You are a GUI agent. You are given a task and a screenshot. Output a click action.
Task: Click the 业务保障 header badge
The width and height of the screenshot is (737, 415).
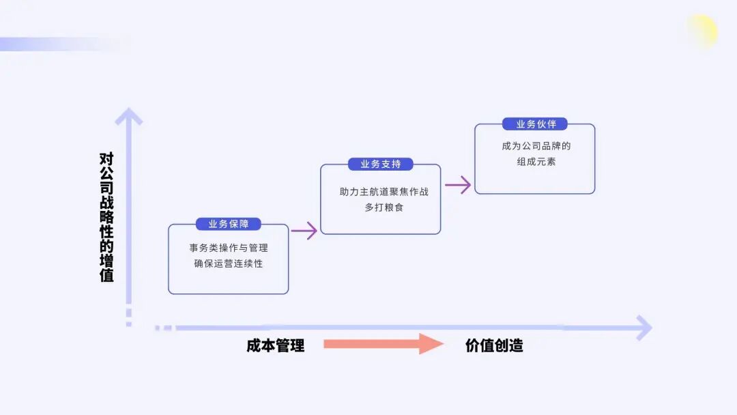(x=229, y=224)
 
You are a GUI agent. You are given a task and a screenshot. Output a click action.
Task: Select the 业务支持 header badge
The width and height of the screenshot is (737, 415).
(x=381, y=164)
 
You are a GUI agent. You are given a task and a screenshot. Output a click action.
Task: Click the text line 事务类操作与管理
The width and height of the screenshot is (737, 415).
(x=229, y=248)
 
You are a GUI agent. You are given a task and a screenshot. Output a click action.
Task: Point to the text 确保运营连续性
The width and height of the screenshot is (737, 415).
(x=229, y=263)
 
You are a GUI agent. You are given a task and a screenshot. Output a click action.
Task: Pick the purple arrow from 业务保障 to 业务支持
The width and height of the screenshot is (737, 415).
(x=304, y=231)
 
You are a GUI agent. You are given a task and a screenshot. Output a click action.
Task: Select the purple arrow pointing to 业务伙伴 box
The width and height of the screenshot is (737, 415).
(x=458, y=184)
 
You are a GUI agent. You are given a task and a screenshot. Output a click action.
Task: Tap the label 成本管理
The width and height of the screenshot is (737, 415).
(x=276, y=345)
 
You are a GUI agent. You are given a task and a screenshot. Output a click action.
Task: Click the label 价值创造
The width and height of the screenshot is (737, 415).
(x=494, y=345)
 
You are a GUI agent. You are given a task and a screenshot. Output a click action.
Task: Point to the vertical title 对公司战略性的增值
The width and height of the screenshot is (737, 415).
(x=106, y=217)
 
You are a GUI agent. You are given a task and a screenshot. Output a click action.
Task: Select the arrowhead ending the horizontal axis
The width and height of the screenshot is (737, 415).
(x=643, y=328)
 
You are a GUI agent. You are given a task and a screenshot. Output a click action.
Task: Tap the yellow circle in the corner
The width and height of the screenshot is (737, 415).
(x=702, y=31)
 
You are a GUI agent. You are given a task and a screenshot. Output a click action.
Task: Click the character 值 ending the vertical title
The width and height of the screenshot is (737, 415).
(x=106, y=276)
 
